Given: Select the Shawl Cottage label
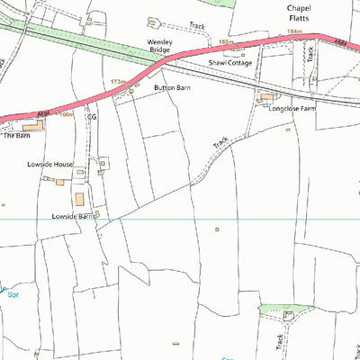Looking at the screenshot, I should point(227,63).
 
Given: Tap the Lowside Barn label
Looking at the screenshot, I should point(73,216).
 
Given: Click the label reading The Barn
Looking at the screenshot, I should point(16,136).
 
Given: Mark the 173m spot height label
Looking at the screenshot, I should point(118,81).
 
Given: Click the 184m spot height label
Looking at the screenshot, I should point(292,32).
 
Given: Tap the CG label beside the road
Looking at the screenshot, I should point(90,116).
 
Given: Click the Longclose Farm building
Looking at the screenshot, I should point(266,96).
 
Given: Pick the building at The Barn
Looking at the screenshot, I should point(32,126).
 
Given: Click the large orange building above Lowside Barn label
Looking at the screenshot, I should point(78,199).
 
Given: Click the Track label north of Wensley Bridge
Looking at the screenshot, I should point(197,26).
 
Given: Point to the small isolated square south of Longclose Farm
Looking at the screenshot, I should point(216,229).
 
